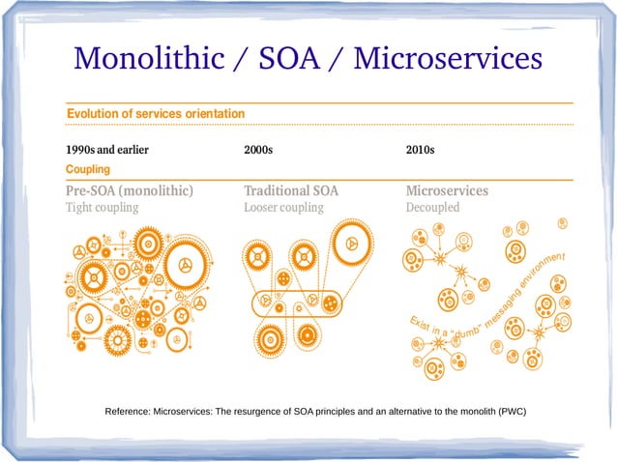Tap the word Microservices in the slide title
coord(448,59)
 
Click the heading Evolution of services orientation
coord(155,114)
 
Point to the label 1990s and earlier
coord(106,150)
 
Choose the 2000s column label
coord(258,150)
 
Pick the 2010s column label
coord(420,150)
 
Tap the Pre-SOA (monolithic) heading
coord(129,190)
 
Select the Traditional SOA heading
coord(291,190)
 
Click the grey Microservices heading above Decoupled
coord(447,190)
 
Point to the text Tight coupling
coord(102,207)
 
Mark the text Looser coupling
coord(282,207)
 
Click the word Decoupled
coord(432,207)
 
